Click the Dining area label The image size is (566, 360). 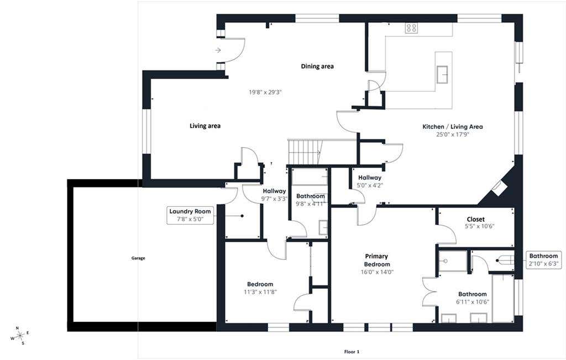[x=317, y=66]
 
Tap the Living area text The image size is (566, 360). [x=205, y=126]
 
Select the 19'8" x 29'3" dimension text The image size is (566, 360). [x=265, y=92]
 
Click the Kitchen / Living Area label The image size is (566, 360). [x=453, y=127]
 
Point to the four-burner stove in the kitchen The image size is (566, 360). [x=411, y=28]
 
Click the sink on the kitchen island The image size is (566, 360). [x=442, y=75]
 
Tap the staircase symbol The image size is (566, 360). [x=305, y=152]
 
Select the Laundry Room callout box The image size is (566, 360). [x=190, y=215]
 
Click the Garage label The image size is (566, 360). [x=138, y=258]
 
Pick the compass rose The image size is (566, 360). [x=20, y=336]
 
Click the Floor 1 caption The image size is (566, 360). [x=352, y=352]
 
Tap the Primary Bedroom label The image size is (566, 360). [x=376, y=260]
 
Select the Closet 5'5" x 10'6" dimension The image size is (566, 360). [x=480, y=226]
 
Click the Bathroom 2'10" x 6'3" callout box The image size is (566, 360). [x=544, y=259]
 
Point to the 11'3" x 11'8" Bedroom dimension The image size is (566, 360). [x=260, y=292]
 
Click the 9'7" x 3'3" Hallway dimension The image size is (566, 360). [x=274, y=199]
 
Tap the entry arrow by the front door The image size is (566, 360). [x=218, y=50]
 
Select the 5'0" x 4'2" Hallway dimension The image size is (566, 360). [x=370, y=185]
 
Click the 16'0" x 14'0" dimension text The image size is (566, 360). [x=377, y=272]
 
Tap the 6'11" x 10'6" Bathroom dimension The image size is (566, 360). [x=473, y=301]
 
